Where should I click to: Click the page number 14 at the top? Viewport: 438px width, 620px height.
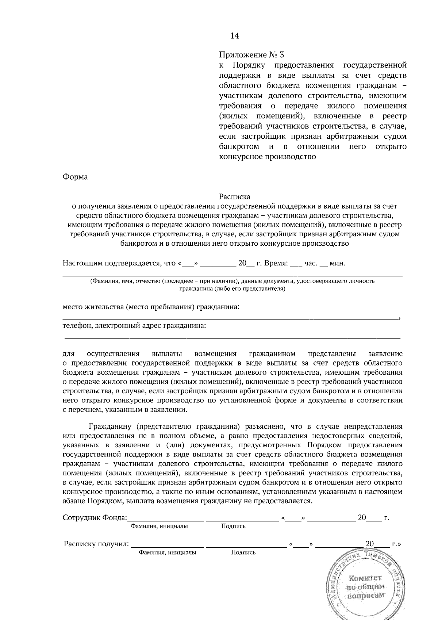(235, 36)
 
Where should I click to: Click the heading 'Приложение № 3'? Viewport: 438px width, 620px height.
(251, 55)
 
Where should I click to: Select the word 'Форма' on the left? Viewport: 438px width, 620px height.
(75, 177)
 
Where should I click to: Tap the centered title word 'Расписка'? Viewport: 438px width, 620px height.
(235, 197)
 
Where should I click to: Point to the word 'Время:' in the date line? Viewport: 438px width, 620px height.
(276, 263)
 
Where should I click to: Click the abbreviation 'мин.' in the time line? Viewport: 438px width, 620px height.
(337, 263)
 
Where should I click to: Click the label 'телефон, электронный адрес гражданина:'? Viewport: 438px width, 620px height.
(134, 325)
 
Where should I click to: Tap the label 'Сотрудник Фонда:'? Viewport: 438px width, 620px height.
(95, 518)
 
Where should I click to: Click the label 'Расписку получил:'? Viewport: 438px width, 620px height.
(96, 544)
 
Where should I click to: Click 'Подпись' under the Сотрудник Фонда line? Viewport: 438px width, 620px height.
(233, 526)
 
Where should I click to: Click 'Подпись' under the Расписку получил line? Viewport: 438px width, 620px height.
(243, 552)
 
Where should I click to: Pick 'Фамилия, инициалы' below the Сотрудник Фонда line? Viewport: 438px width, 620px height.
(159, 526)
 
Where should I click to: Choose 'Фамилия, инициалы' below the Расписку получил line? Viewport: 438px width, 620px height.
(168, 552)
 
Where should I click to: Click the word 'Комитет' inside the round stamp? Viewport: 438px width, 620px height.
(365, 578)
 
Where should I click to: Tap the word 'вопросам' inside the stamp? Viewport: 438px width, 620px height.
(366, 596)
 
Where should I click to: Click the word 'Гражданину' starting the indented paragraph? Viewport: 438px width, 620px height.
(111, 426)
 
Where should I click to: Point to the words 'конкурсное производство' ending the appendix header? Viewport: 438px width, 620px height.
(267, 157)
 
